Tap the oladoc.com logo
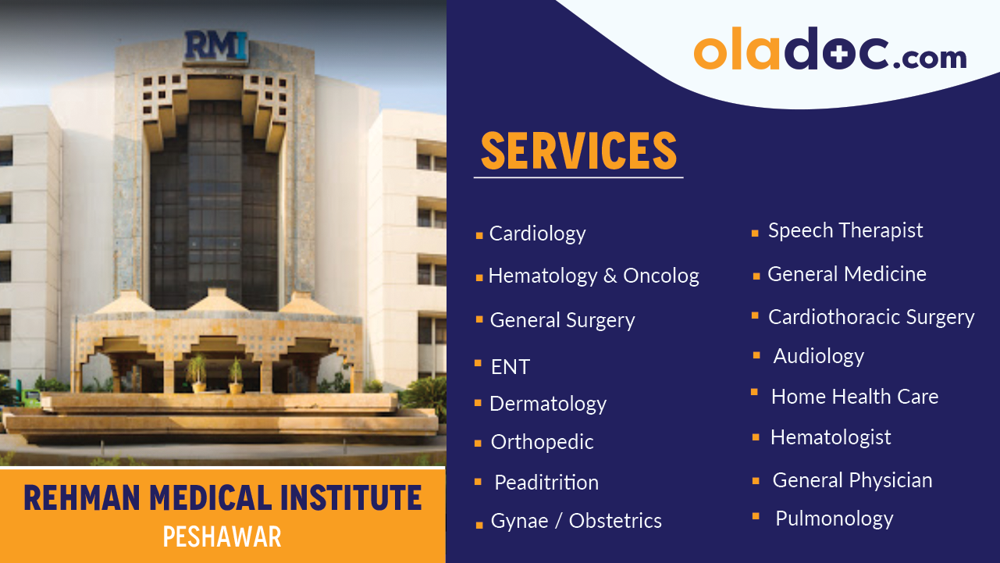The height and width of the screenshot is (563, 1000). point(830,50)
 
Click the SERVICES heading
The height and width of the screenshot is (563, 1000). point(578,151)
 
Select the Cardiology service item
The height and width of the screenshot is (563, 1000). point(537,233)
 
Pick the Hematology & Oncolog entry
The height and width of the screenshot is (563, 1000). point(593,276)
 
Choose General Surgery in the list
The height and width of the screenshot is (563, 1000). point(562,320)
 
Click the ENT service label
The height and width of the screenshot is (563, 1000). point(510,367)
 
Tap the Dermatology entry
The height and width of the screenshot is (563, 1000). point(547,404)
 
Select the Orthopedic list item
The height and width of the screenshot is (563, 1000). point(542,442)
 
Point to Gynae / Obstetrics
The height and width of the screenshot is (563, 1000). point(576,521)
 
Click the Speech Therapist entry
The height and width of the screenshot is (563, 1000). point(845,230)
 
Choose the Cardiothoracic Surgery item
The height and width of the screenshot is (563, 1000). point(871,316)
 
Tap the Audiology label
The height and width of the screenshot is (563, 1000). point(818,356)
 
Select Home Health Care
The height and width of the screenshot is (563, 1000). point(855,397)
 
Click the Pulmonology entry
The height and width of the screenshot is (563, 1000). point(834,518)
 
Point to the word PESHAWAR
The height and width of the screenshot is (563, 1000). point(222,536)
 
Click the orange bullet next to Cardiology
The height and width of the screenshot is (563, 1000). point(479,235)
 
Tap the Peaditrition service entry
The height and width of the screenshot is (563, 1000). point(546,483)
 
